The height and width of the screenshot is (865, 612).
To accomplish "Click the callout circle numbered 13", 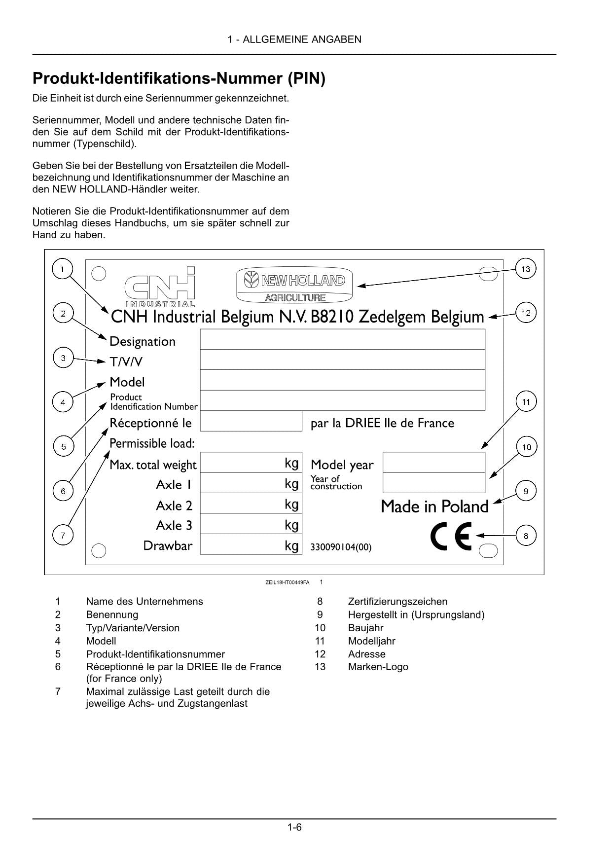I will point(526,269).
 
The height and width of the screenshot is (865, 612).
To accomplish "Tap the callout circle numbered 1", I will point(62,269).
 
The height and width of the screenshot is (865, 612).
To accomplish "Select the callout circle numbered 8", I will point(526,536).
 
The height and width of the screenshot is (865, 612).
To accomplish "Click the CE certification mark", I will point(451,536).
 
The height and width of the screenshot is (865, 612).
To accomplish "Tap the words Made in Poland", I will point(434,506).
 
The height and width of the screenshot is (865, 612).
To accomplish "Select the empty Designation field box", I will point(342,339).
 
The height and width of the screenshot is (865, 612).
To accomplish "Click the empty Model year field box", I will point(433,463).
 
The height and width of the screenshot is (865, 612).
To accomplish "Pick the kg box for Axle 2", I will point(250,504).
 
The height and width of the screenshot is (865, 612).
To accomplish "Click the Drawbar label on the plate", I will point(168,546).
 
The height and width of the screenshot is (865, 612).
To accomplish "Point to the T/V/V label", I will point(126,362).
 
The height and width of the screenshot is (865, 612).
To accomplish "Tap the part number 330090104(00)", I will point(341,547).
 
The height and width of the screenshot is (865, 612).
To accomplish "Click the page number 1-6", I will point(294,828).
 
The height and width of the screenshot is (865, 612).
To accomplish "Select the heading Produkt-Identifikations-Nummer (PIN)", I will point(179,79).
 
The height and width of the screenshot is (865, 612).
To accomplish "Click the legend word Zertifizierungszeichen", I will point(397,602).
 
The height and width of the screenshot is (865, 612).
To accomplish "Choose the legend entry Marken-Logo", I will point(378,667).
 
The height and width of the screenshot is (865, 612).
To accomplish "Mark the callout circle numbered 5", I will point(63,447).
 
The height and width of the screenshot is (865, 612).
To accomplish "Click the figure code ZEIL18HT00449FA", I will point(288,582).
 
